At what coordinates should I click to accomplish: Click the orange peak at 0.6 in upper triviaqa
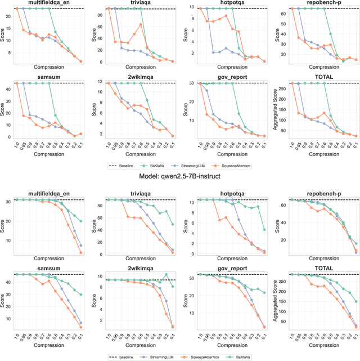click(140, 25)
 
